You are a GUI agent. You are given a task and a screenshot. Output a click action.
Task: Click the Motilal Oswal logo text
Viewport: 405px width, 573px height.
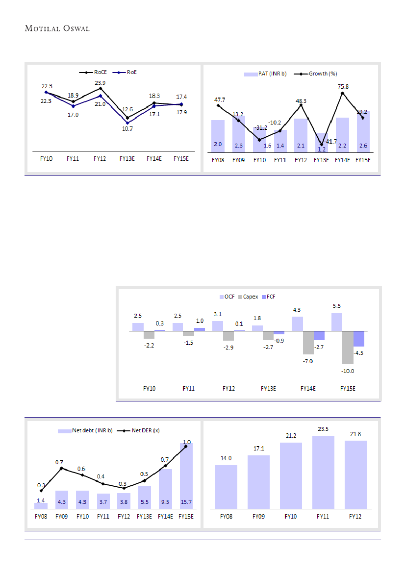[x=57, y=28]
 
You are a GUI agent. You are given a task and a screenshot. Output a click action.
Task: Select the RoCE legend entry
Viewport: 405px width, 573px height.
[x=99, y=72]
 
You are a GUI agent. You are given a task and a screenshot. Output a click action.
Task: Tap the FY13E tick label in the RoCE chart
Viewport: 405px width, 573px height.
[x=127, y=159]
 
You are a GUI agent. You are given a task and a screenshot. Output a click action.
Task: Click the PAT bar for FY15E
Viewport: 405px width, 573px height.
[x=363, y=132]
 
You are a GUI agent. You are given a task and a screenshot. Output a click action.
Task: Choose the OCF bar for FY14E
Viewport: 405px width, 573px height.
[x=297, y=324]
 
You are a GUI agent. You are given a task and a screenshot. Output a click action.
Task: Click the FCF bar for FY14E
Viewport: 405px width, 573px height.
[x=319, y=336]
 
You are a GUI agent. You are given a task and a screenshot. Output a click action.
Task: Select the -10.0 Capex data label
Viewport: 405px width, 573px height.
[x=347, y=371]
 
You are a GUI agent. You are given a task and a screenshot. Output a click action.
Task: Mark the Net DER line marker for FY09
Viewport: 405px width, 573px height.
[x=62, y=468]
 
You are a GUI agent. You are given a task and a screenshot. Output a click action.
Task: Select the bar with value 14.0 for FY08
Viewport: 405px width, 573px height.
[x=226, y=486]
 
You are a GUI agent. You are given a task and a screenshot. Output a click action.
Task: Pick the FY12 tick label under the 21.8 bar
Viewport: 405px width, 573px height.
[x=355, y=516]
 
